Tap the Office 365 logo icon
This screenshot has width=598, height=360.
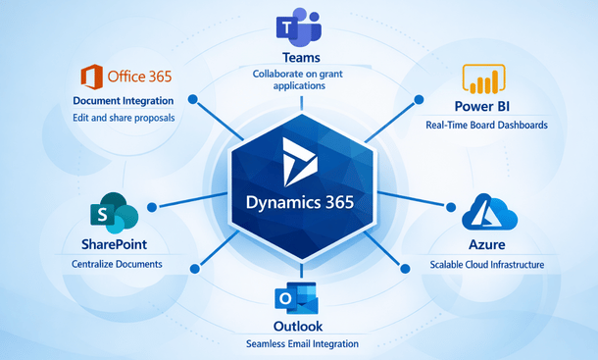pos(89,77)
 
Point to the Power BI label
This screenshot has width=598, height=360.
pos(488,107)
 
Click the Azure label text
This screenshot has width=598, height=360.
pos(487,243)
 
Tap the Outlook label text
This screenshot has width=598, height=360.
pos(298,325)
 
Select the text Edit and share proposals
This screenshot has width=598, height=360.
pos(124,120)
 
